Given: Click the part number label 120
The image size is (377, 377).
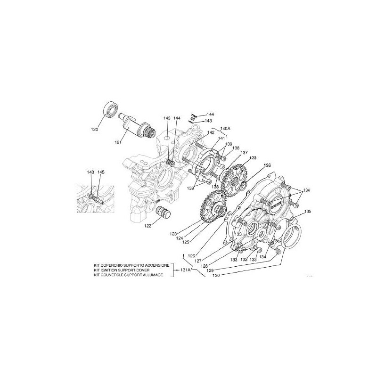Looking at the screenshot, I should (x=95, y=130).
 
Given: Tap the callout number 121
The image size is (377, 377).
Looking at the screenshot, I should (x=117, y=142).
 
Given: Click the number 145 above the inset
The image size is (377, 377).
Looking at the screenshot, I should (x=101, y=172).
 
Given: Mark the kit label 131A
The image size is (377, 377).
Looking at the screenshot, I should (x=185, y=270).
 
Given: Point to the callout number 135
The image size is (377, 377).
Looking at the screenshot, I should (x=307, y=212).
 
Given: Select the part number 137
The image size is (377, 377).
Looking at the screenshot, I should (x=244, y=153).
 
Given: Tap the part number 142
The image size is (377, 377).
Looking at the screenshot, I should (x=211, y=133).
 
